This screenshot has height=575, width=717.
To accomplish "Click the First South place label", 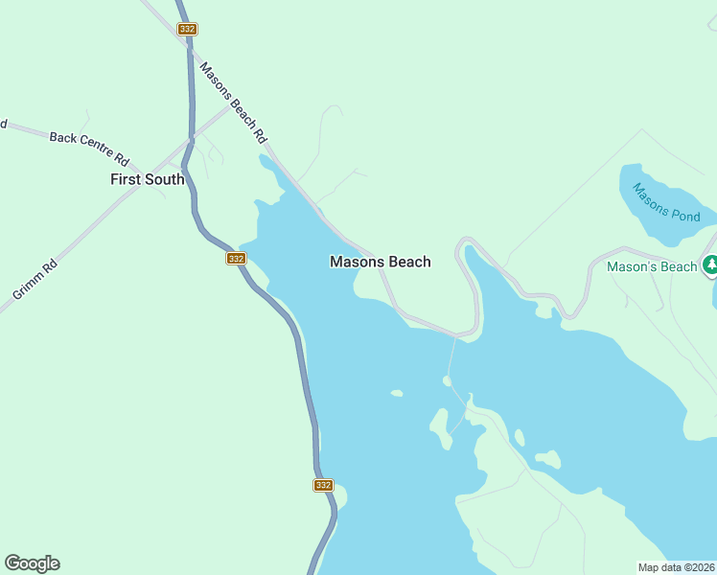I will coord(147,179).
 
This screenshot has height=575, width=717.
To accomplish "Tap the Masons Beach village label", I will coord(380,262).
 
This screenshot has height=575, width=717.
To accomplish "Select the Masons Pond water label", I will coord(666,200).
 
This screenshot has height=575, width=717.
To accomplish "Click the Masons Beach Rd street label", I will coord(232,103).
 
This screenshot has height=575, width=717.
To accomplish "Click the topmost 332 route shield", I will coord(187,30).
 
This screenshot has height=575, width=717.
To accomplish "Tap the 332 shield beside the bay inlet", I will coord(236,259).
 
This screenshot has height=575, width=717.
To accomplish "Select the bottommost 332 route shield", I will coord(323,485).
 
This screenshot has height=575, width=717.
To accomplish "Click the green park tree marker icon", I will coord(710,265).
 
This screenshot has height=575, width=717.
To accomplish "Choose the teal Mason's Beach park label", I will coord(652,266).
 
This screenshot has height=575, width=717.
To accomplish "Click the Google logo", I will coord(32,563).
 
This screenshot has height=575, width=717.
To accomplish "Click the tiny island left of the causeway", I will coord(396,393).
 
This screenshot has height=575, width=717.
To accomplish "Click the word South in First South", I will coord(165,179).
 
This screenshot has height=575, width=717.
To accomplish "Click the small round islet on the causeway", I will coord(447,380).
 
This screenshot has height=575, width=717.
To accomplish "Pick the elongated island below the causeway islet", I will coord(441,427).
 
